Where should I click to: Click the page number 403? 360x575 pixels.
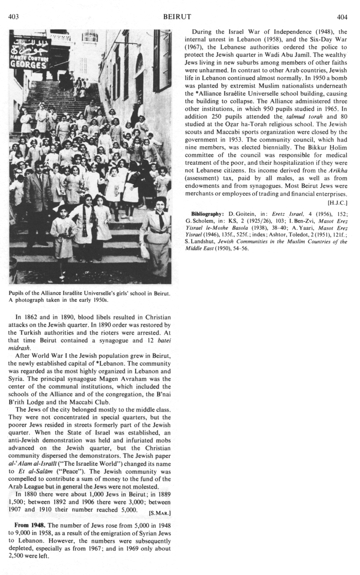pos(14,17)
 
